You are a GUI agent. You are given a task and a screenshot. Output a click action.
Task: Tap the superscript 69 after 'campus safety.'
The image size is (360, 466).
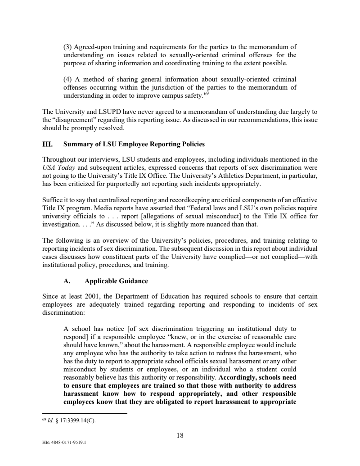point(207,94)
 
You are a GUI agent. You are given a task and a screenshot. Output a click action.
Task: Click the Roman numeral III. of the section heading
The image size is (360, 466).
point(47,145)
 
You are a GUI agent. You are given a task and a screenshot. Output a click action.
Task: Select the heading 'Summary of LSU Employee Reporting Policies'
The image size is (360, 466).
point(134,145)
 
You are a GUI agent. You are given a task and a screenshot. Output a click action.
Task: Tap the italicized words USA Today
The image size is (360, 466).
point(57,167)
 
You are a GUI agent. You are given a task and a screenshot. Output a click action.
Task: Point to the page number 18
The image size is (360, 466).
point(180,435)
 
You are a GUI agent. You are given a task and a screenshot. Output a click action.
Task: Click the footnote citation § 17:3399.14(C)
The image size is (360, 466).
point(75,421)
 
